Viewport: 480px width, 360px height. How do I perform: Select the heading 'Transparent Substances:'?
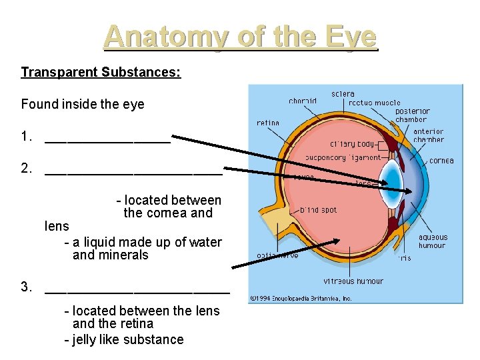click(x=101, y=72)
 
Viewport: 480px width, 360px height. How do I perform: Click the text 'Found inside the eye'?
click(x=83, y=104)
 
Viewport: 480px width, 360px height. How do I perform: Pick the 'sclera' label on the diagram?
click(x=343, y=94)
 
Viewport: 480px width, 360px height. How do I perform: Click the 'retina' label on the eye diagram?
click(x=268, y=123)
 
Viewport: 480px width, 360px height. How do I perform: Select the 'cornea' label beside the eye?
click(x=441, y=161)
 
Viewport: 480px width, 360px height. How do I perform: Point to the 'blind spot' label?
click(x=318, y=210)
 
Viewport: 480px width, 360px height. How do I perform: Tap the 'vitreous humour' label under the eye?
click(x=353, y=281)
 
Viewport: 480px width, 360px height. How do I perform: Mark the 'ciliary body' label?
click(x=353, y=144)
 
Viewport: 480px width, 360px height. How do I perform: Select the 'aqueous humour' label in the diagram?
click(x=433, y=241)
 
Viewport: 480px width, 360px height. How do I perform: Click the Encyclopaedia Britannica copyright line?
click(x=301, y=299)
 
